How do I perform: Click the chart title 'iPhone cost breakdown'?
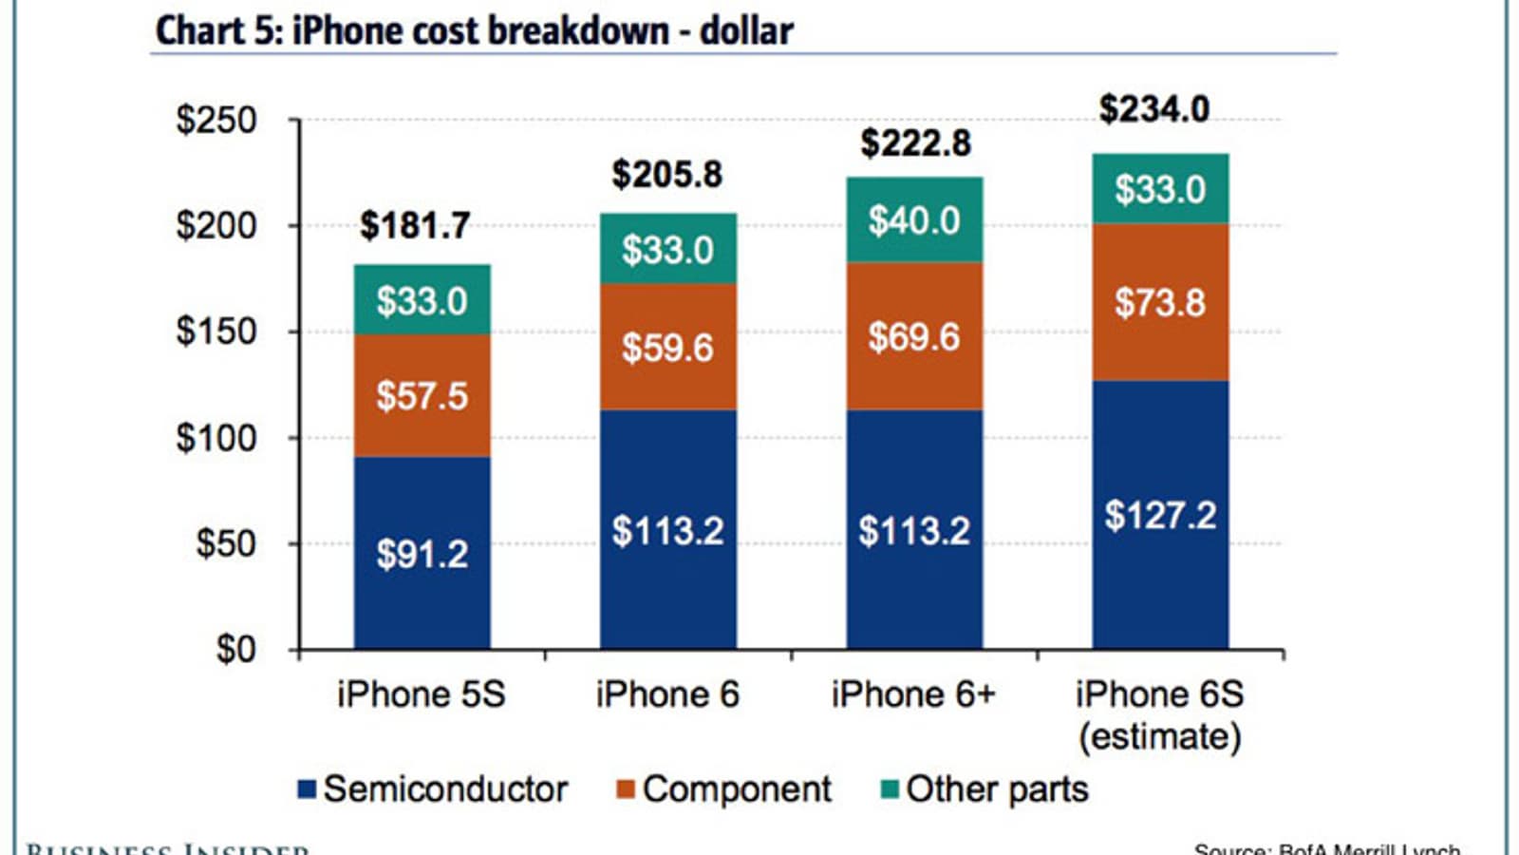[474, 30]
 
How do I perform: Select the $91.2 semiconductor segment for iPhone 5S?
[422, 553]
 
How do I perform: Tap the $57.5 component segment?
[422, 395]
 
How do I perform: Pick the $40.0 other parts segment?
[914, 220]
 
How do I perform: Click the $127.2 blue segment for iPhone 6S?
[1160, 515]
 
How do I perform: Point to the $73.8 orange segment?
[1160, 302]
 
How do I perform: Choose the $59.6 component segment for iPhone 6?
[667, 347]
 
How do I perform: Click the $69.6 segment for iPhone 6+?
[914, 336]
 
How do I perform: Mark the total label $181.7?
[415, 225]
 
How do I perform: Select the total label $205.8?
[666, 174]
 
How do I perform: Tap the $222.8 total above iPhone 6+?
[915, 142]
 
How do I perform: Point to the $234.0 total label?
[1154, 108]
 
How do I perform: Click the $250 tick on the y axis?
[216, 121]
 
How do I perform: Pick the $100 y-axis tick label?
[216, 438]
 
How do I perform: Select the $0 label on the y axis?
[236, 649]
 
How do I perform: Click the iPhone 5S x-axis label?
[422, 694]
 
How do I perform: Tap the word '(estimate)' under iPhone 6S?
[1159, 737]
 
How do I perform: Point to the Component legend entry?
[723, 789]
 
